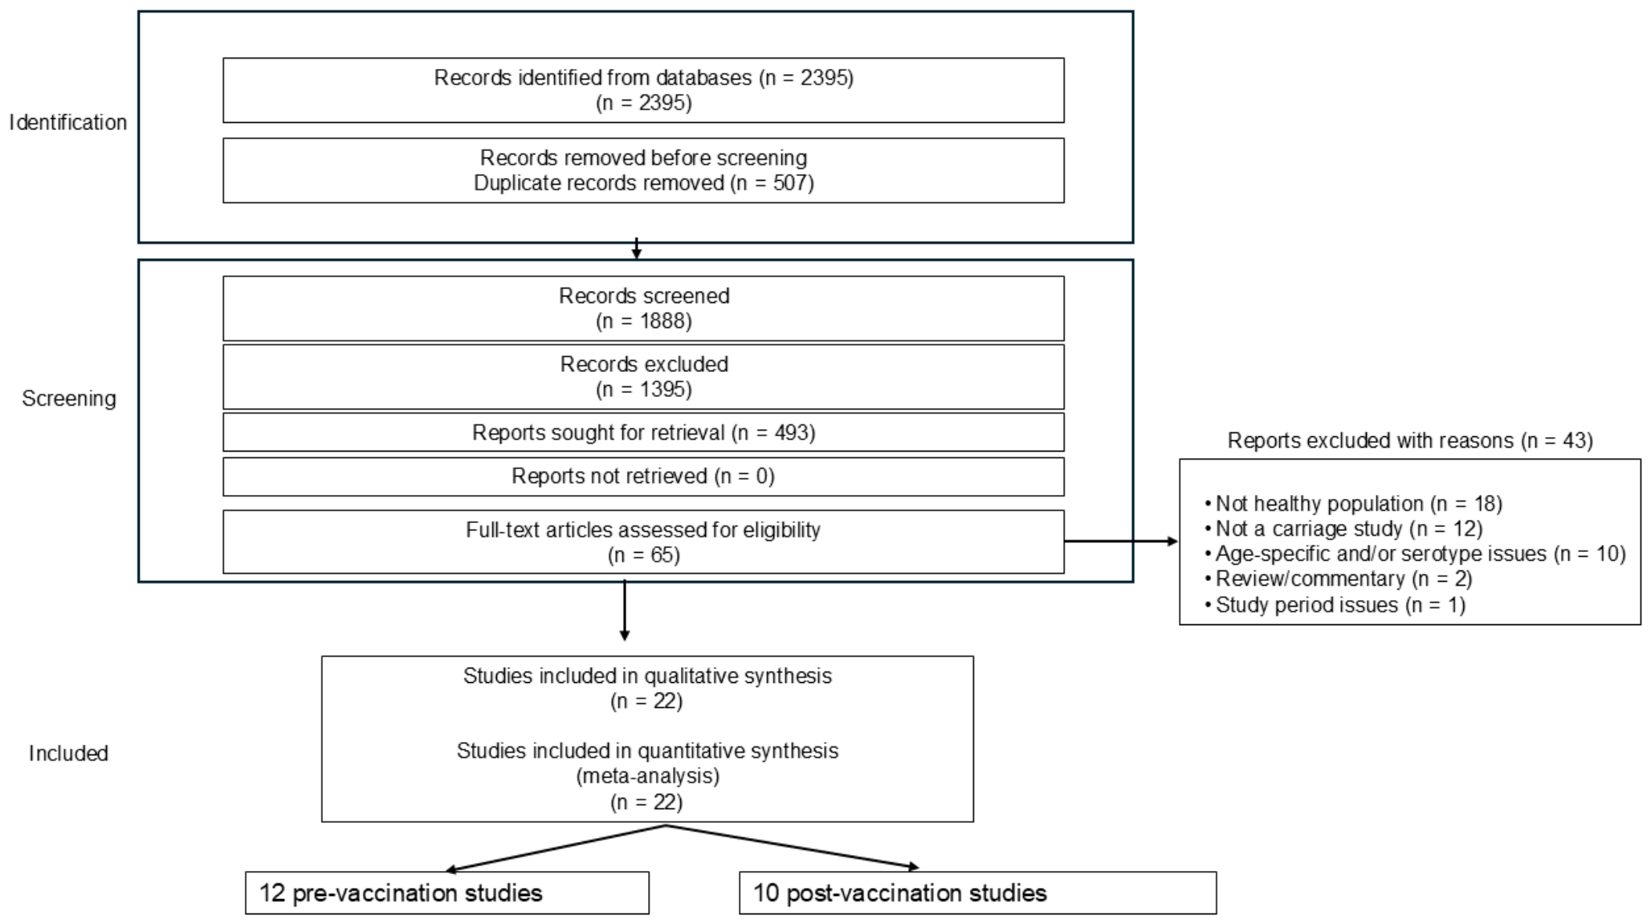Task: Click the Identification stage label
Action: tap(68, 122)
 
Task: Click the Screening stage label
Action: tap(69, 399)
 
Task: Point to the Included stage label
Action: tap(68, 753)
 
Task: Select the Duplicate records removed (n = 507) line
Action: tap(644, 183)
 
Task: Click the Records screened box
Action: tap(644, 309)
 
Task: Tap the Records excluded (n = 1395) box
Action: tap(644, 377)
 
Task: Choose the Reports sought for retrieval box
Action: tap(644, 432)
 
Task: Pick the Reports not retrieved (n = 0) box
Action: tap(644, 476)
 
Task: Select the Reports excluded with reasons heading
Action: tap(1410, 440)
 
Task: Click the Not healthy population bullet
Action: tap(1354, 504)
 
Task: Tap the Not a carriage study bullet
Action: tap(1344, 529)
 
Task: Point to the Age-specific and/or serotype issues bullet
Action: tap(1416, 554)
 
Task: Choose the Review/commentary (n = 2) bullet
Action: tap(1339, 579)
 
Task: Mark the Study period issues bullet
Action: tap(1335, 604)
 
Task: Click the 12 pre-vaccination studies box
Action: tap(447, 893)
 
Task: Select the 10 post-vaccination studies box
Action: tap(978, 893)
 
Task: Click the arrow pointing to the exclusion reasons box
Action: tap(1122, 542)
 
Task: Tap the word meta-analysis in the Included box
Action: tap(648, 776)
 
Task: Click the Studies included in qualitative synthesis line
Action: tap(647, 676)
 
